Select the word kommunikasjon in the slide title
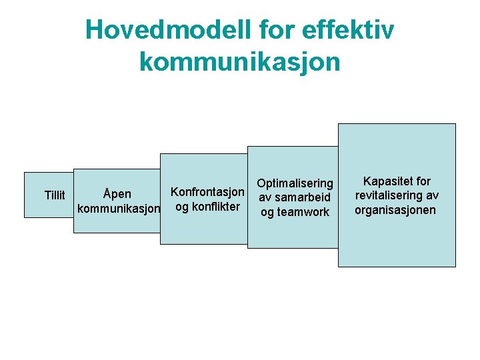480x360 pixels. pos(240,62)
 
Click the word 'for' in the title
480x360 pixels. pos(275,30)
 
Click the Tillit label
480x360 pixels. pos(55,195)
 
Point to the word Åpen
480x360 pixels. pos(117,194)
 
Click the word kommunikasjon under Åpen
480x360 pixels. pos(119,209)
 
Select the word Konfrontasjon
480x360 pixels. pos(208,191)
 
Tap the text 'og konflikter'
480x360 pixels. pos(207,206)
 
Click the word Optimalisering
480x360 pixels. pos(295,183)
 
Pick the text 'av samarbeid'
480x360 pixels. pos(295,197)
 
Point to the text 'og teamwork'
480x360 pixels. pos(295,212)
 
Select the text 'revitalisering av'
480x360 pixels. pos(396,195)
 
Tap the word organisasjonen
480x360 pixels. pos(395,210)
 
